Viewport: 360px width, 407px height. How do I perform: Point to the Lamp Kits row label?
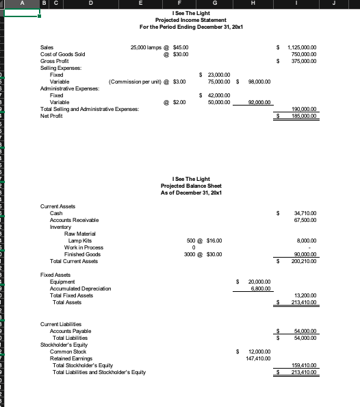coord(80,241)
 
